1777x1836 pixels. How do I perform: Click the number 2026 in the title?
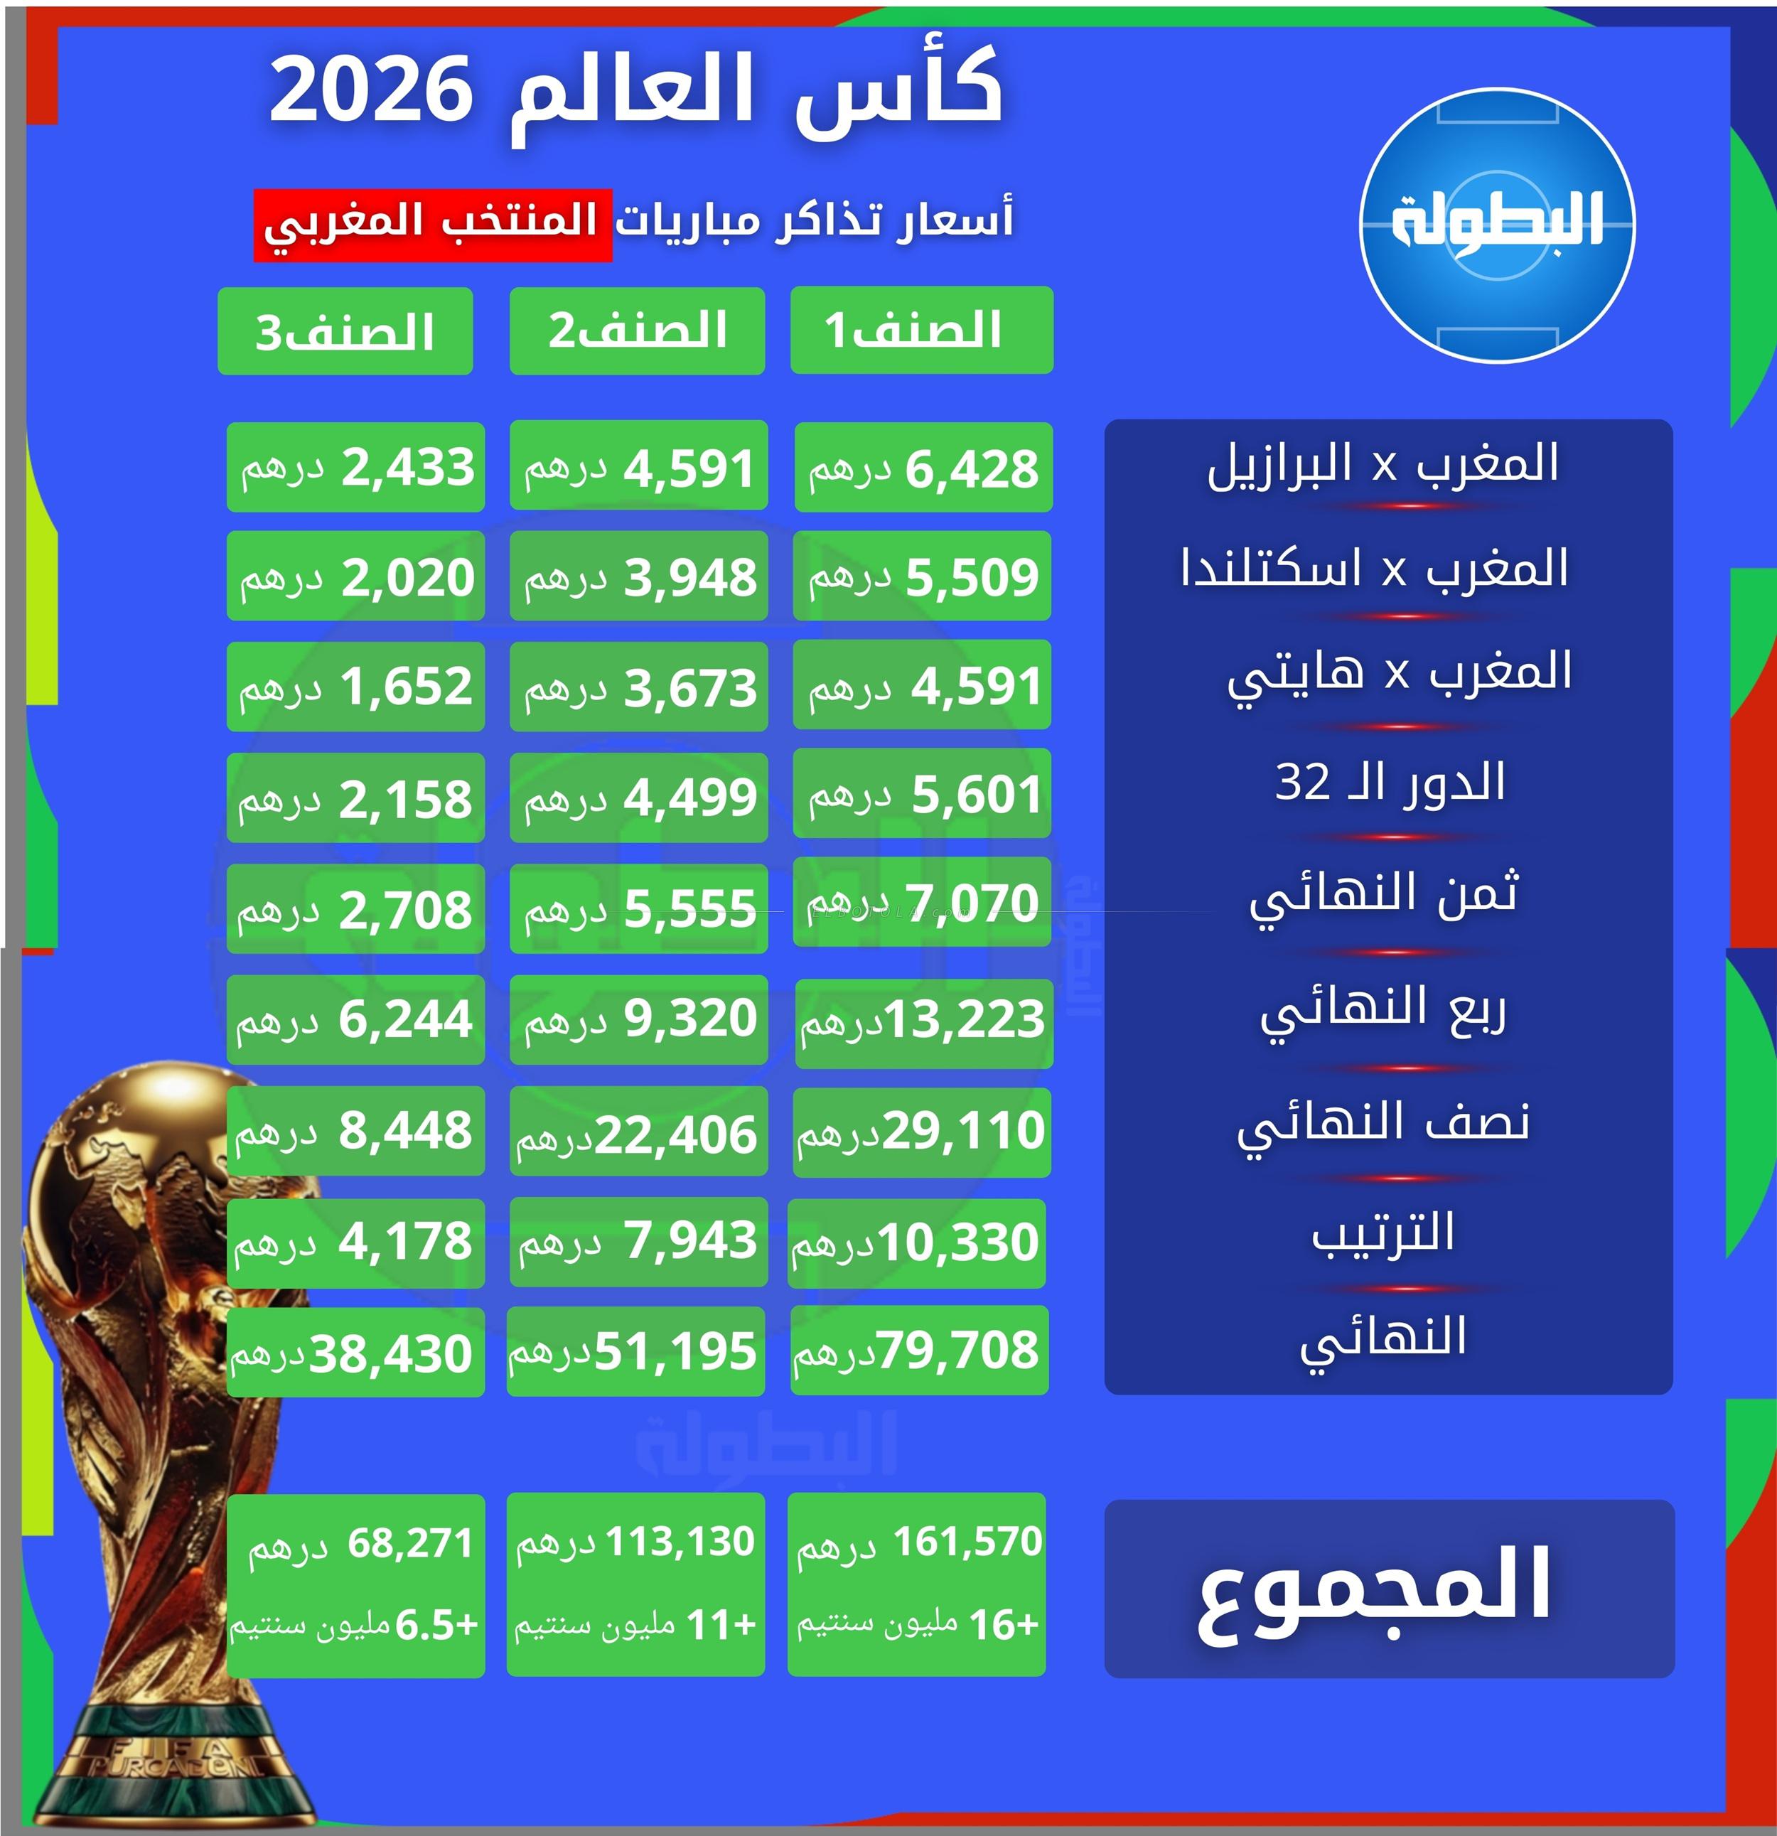pyautogui.click(x=371, y=90)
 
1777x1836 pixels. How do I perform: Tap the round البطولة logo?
pyautogui.click(x=1497, y=226)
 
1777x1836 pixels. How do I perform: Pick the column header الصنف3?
pyautogui.click(x=345, y=332)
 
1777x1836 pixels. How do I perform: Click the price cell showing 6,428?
pyautogui.click(x=923, y=468)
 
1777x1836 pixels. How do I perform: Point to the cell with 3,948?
pyautogui.click(x=639, y=576)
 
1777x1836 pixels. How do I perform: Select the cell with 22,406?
pyautogui.click(x=639, y=1132)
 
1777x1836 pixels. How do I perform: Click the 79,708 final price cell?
pyautogui.click(x=919, y=1350)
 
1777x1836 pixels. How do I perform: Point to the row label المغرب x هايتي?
pyautogui.click(x=1400, y=672)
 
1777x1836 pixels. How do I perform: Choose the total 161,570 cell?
pyautogui.click(x=917, y=1584)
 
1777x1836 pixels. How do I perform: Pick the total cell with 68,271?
pyautogui.click(x=356, y=1586)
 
